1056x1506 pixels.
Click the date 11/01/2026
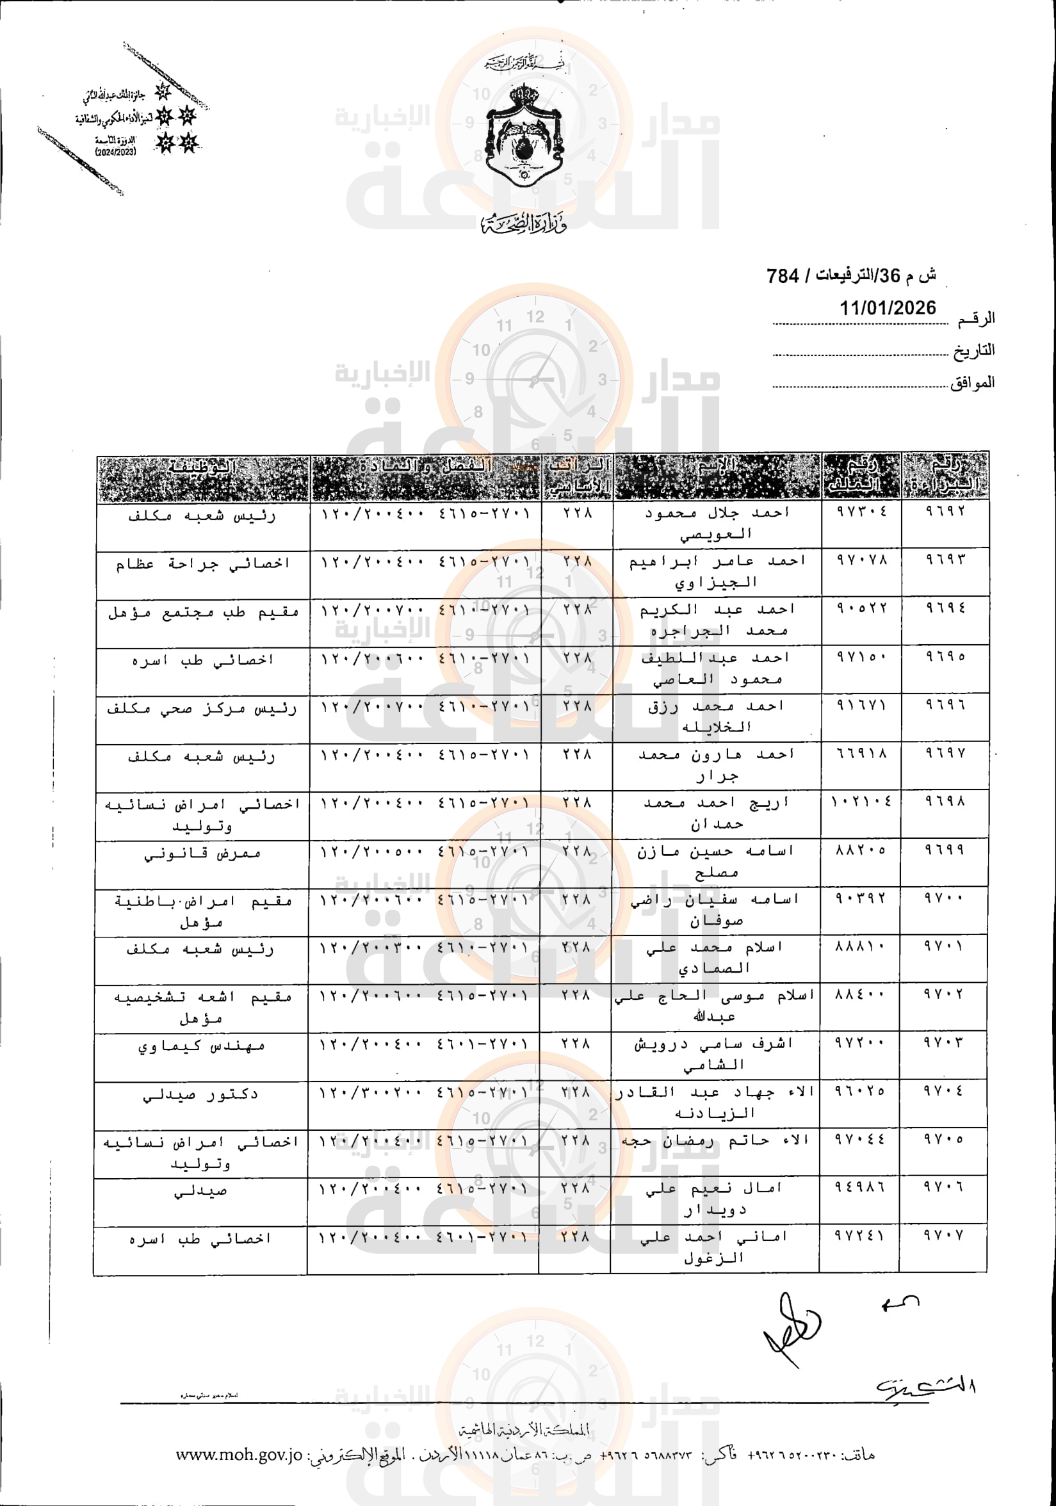pyautogui.click(x=888, y=307)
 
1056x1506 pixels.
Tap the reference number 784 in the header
pyautogui.click(x=783, y=276)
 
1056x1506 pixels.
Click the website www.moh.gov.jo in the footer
pyautogui.click(x=239, y=1454)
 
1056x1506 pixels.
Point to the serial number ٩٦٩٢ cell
pyautogui.click(x=945, y=511)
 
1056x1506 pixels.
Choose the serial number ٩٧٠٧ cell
pyautogui.click(x=943, y=1235)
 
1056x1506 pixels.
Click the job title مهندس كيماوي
pyautogui.click(x=201, y=1046)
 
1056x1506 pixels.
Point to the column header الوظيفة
pyautogui.click(x=202, y=467)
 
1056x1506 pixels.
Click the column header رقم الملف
pyautogui.click(x=861, y=475)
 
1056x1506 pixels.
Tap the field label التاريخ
pyautogui.click(x=973, y=351)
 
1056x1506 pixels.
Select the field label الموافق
pyautogui.click(x=972, y=382)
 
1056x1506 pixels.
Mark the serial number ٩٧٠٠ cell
pyautogui.click(x=944, y=896)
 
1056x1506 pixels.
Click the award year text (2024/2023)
pyautogui.click(x=115, y=152)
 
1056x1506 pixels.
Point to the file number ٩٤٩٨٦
pyautogui.click(x=859, y=1186)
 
